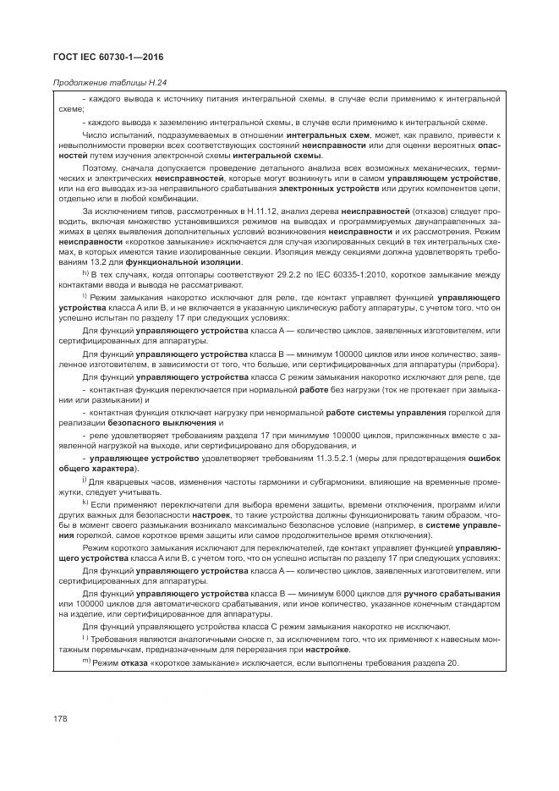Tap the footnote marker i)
[85, 297]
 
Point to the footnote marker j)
[85, 479]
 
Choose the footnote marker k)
[85, 502]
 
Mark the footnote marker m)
[86, 662]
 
